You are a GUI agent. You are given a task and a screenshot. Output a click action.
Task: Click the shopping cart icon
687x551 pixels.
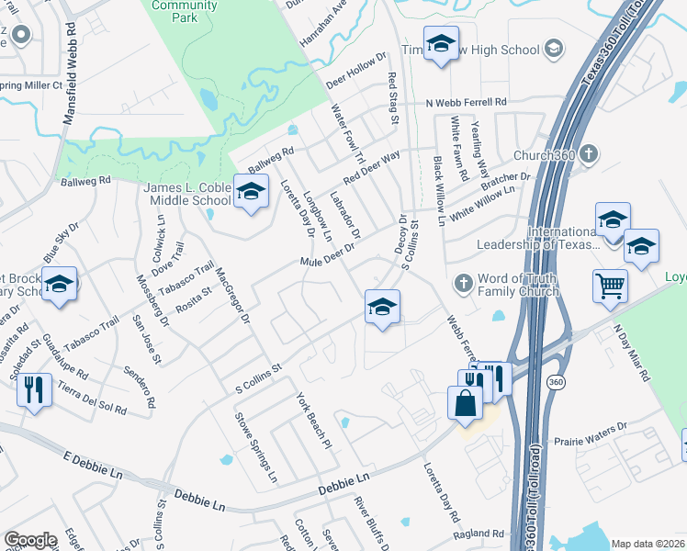(x=609, y=286)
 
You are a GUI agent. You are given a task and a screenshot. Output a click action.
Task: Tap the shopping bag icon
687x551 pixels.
(x=466, y=402)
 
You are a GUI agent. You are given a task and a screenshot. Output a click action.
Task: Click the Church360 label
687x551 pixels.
(x=545, y=155)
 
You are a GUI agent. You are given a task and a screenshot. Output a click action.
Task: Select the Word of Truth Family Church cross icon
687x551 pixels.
(x=464, y=284)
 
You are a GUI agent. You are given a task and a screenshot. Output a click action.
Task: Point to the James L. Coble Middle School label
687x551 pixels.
(x=187, y=194)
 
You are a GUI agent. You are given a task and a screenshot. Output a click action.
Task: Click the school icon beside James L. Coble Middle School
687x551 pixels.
(x=249, y=192)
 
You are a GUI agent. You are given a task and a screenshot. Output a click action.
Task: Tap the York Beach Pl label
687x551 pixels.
(x=312, y=421)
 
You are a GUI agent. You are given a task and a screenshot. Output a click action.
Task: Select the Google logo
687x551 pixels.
(x=30, y=540)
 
